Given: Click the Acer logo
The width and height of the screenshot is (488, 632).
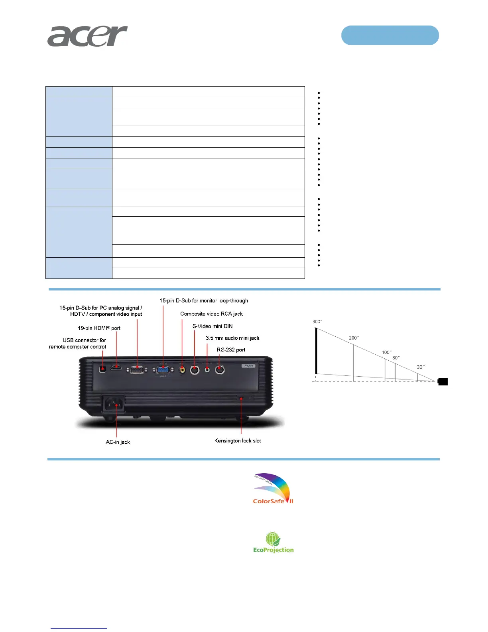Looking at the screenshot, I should [x=87, y=36].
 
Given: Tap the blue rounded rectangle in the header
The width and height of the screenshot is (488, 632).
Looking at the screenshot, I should [x=390, y=35].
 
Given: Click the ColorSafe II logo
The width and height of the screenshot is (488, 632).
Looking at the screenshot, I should [x=273, y=489].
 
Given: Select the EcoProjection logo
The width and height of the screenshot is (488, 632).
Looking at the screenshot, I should [x=273, y=543].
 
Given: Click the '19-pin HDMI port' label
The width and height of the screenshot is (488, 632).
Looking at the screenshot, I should [x=99, y=328].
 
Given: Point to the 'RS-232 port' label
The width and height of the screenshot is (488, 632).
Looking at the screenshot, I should [x=231, y=350].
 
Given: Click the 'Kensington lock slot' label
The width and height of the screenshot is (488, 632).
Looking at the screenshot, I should [x=238, y=440].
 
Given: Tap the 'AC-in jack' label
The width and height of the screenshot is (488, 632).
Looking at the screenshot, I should [x=118, y=442].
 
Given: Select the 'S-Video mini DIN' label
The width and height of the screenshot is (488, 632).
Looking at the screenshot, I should [x=213, y=326].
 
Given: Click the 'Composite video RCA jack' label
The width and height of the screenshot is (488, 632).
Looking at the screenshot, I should [x=211, y=314].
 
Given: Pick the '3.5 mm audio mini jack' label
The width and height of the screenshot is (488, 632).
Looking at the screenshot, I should [x=232, y=338].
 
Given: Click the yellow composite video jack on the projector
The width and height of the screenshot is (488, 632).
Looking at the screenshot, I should [x=182, y=370].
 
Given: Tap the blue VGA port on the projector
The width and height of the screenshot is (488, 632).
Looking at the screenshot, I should [x=163, y=369].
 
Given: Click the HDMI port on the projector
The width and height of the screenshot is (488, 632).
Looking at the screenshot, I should [x=116, y=367].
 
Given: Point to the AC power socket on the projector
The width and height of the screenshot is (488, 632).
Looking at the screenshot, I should [x=114, y=405].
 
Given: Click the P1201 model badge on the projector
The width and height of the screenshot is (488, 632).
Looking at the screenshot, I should [x=248, y=365].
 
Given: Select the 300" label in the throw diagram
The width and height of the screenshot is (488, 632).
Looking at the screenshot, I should [x=317, y=322].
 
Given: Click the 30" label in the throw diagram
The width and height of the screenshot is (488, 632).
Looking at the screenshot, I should [x=421, y=367].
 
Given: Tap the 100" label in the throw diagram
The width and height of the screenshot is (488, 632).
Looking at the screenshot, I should [x=386, y=352].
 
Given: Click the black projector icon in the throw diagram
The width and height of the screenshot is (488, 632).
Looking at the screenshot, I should [x=443, y=382].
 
